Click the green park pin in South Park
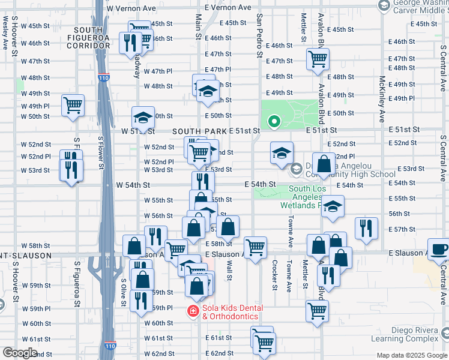274,122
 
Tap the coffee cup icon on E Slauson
439,249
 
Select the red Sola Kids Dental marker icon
193,311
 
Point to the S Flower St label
101,154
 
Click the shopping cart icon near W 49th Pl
73,106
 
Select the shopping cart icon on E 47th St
317,59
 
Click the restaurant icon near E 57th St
366,228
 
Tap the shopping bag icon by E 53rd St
324,164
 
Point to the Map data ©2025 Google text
411,355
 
